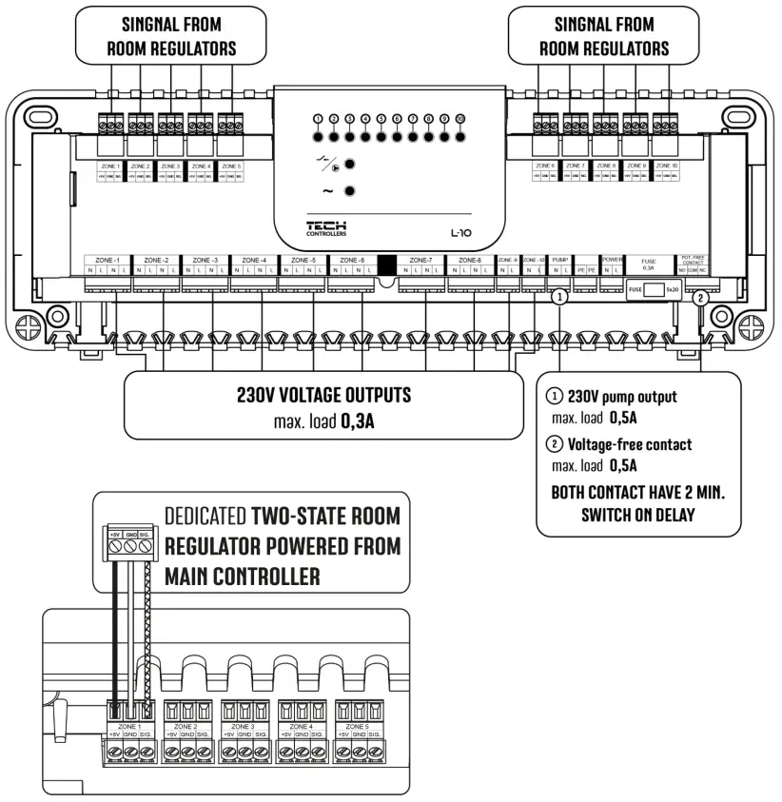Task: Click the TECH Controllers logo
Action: coord(326,227)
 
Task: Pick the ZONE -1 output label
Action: coord(107,260)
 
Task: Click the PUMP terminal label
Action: coord(559,260)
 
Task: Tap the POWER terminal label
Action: coord(613,260)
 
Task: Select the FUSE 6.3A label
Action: coord(649,264)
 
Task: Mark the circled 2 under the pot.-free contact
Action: coord(700,297)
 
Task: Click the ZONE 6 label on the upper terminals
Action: coord(545,165)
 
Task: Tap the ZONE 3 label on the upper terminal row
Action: coord(171,166)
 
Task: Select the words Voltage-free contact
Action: coord(629,444)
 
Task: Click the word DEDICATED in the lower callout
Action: coord(205,516)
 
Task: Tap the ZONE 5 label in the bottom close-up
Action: coord(351,726)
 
